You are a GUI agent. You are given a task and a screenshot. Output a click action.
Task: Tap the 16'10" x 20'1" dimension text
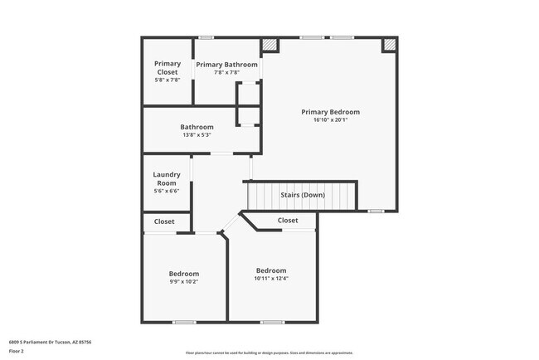coord(330,119)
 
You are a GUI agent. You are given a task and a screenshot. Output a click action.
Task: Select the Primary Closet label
coord(168,67)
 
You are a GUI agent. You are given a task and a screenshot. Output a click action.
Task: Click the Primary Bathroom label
coord(226,64)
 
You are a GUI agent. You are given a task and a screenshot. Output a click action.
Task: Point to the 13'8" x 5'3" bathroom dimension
coord(197,135)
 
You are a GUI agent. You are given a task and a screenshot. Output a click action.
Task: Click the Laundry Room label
coord(167,178)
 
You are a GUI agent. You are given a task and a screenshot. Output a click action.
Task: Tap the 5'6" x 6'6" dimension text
coord(167,191)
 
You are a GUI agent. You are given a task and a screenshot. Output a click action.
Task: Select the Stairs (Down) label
coord(302,195)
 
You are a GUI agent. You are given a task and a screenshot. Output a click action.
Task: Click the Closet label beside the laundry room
coord(164,221)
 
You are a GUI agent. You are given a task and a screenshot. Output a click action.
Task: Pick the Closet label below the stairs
coord(288,221)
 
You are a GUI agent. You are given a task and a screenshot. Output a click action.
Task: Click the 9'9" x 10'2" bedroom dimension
coord(184,282)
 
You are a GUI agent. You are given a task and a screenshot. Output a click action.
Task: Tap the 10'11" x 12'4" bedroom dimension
coord(271,279)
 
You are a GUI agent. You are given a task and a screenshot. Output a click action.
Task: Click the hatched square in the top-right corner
coord(389,46)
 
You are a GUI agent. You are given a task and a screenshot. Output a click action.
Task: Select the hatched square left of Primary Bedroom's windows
coord(269,46)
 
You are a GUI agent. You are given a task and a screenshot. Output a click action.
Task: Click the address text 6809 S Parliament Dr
coord(50,342)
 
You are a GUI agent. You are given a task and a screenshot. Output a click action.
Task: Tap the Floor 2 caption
coord(17,351)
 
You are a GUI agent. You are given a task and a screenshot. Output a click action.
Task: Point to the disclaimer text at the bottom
coord(269,353)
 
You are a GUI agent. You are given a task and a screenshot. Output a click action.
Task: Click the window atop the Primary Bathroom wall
coord(206,37)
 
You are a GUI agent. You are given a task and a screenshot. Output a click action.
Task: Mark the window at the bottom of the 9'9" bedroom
coord(184,322)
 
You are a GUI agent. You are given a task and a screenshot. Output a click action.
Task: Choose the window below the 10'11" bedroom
coord(272,322)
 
